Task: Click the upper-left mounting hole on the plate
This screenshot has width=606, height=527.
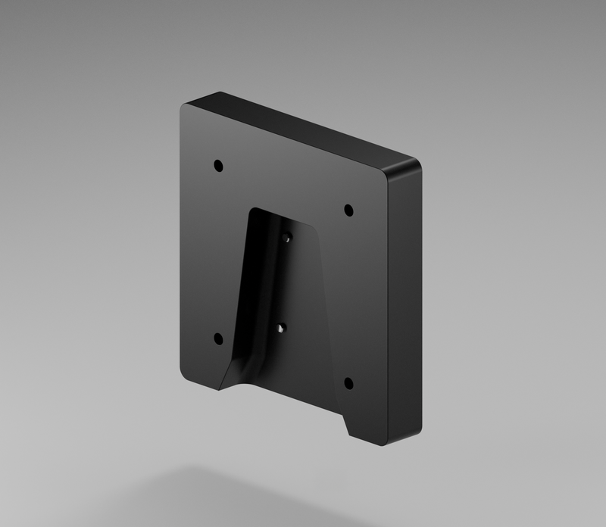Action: point(218,164)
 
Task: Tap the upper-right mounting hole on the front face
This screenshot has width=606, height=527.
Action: point(348,209)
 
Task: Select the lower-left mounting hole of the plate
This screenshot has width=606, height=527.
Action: point(218,338)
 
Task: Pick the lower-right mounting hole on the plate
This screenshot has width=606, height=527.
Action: point(348,382)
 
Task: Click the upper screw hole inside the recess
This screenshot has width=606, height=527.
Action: point(286,238)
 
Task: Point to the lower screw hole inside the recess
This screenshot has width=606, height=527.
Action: point(281,329)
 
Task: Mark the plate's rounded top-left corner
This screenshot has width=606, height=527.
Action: point(184,108)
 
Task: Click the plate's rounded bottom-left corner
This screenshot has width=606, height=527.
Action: point(185,373)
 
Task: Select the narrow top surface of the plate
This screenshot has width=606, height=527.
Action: point(303,129)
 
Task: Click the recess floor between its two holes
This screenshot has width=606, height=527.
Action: point(285,284)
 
